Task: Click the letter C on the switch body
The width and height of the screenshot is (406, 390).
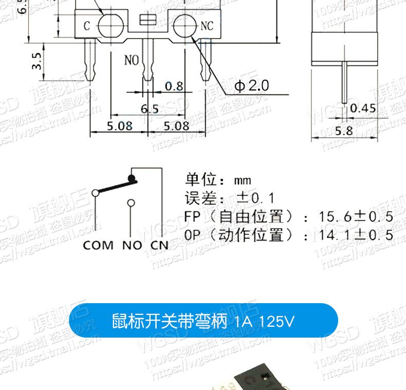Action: click(x=87, y=26)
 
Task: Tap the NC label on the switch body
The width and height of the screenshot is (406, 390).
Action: click(x=207, y=26)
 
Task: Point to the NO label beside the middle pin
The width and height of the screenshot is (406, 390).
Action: click(x=132, y=60)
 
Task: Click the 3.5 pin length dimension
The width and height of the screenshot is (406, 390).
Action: click(x=36, y=61)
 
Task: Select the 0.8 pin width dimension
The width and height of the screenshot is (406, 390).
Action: click(x=174, y=86)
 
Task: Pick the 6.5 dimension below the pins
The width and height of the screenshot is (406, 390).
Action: click(x=150, y=108)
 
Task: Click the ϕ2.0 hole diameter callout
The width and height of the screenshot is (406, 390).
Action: click(x=252, y=86)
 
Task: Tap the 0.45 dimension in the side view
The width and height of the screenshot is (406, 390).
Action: click(x=363, y=108)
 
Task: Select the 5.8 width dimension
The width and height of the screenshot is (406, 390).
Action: click(x=344, y=131)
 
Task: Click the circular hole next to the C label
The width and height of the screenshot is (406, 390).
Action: click(x=109, y=24)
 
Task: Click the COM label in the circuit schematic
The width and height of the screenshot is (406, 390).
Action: click(x=98, y=245)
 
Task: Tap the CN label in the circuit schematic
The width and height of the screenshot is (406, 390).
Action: click(x=159, y=245)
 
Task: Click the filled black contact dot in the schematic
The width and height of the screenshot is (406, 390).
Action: click(x=132, y=178)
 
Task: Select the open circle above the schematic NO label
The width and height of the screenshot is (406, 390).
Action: click(x=132, y=202)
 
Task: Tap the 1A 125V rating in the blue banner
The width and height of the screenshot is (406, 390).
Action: click(x=264, y=322)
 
